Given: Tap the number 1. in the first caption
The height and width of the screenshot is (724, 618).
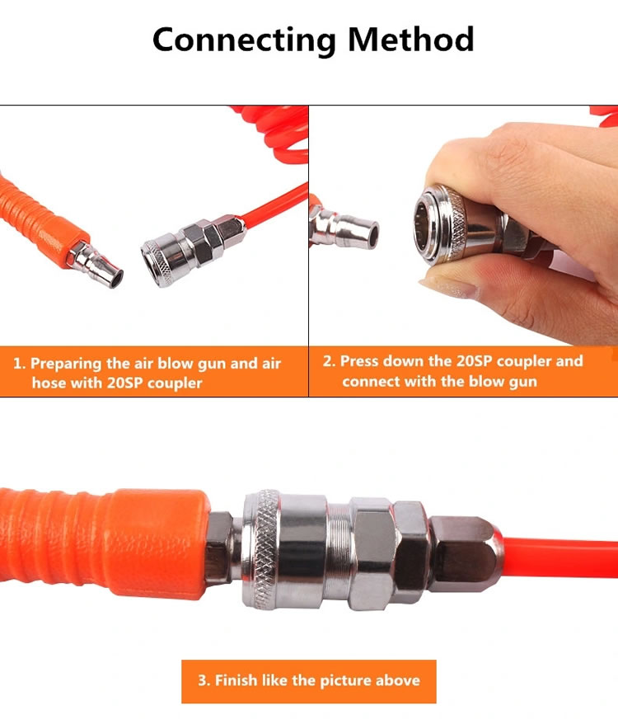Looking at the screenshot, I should [x=19, y=364].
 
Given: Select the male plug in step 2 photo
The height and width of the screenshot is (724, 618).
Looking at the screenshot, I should [x=342, y=226].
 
